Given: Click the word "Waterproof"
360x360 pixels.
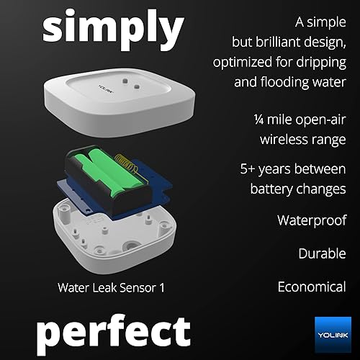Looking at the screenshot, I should point(312,220).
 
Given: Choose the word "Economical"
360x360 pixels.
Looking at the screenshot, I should point(312,287).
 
